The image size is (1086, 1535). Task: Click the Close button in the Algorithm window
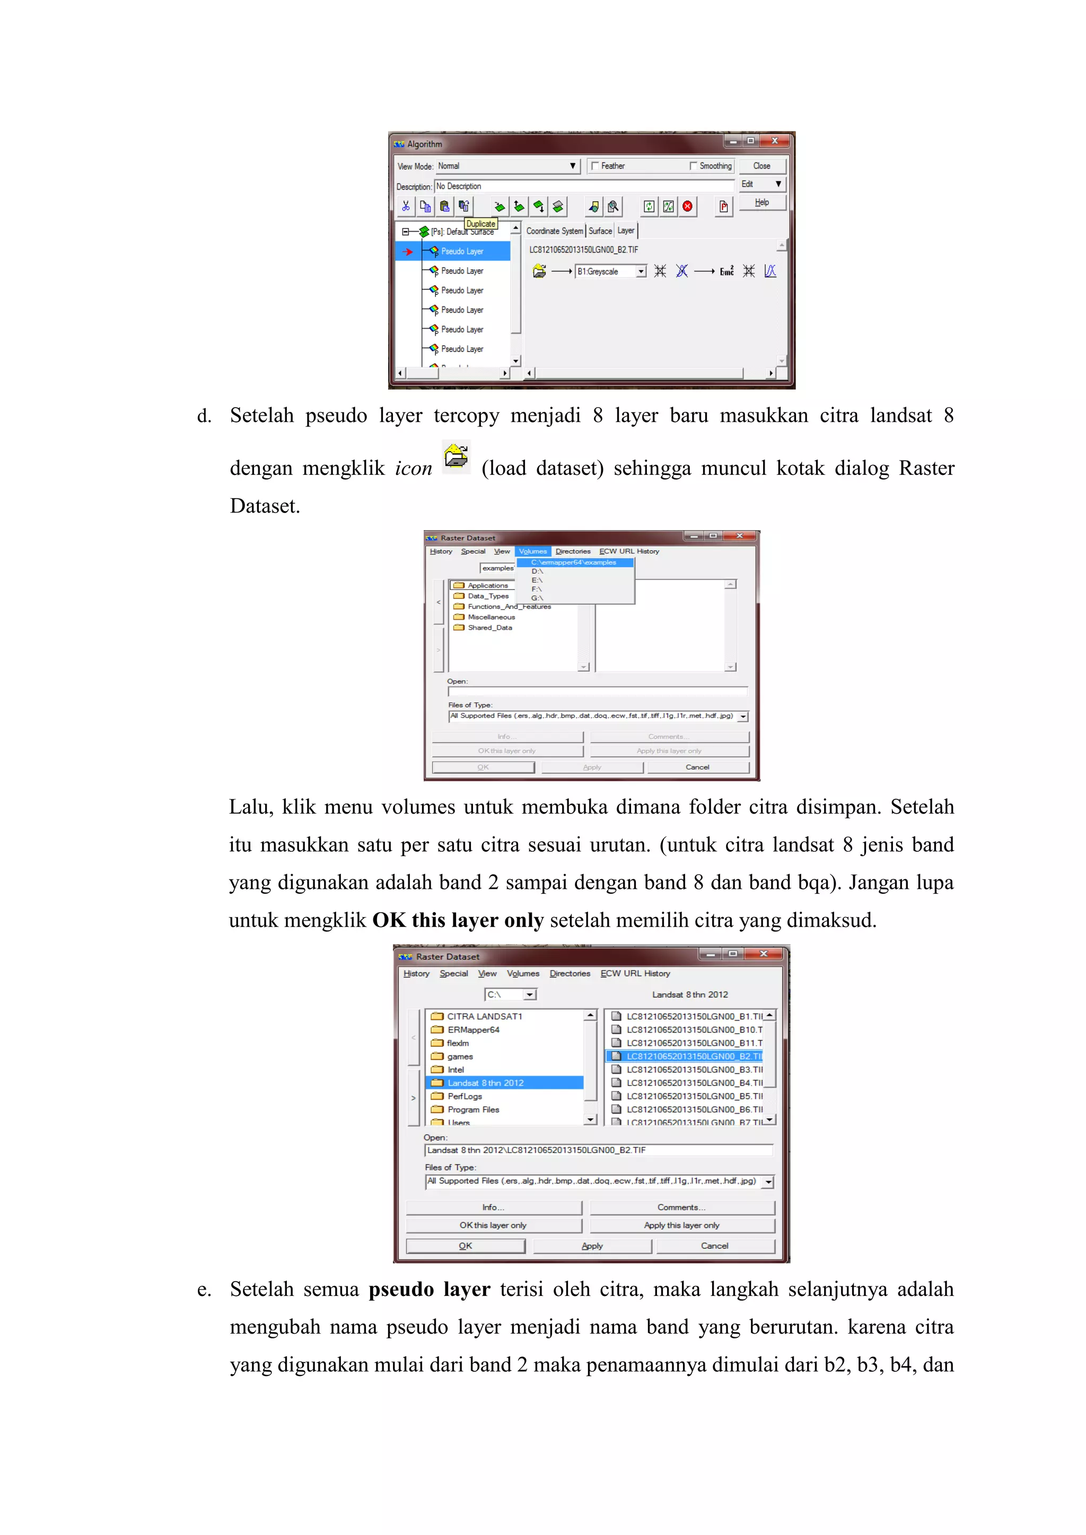point(761,166)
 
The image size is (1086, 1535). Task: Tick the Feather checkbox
point(594,166)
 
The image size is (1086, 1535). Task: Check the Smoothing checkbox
point(694,166)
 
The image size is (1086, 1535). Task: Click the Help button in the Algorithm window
point(761,202)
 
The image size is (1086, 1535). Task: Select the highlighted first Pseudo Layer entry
point(462,251)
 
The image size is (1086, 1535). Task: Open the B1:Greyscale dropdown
point(641,271)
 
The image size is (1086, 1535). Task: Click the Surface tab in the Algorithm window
point(600,231)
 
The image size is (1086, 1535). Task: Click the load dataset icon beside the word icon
point(456,457)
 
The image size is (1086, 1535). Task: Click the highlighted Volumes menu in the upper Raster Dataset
point(532,552)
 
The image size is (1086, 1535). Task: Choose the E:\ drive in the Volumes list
point(537,580)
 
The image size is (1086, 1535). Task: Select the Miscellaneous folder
point(491,617)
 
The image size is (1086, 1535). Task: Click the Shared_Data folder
point(489,628)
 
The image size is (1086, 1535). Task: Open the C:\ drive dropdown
point(530,995)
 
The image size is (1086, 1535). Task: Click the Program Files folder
point(473,1110)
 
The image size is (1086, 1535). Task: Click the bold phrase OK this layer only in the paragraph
point(458,921)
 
